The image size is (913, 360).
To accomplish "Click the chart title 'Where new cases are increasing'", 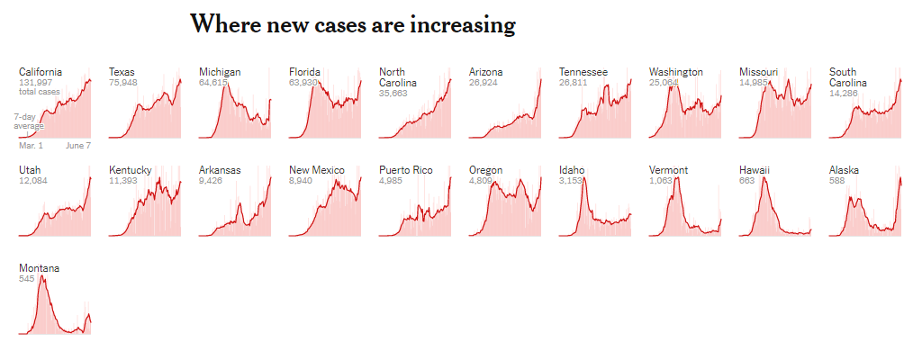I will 352,25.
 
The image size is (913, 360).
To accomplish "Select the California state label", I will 41,72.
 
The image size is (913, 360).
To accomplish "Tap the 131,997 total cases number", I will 37,83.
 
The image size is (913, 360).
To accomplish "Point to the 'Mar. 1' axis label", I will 31,145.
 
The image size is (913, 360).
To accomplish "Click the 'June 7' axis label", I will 78,145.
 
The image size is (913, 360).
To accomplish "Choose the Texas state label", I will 122,72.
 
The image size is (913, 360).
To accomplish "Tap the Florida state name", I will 304,72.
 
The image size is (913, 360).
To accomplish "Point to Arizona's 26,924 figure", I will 484,83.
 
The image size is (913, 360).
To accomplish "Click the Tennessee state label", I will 583,72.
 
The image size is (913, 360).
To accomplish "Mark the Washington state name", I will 676,72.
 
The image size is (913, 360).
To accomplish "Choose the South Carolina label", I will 848,77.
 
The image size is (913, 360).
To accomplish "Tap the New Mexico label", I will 316,170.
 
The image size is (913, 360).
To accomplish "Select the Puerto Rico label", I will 406,170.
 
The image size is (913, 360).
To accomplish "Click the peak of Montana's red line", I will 41,276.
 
